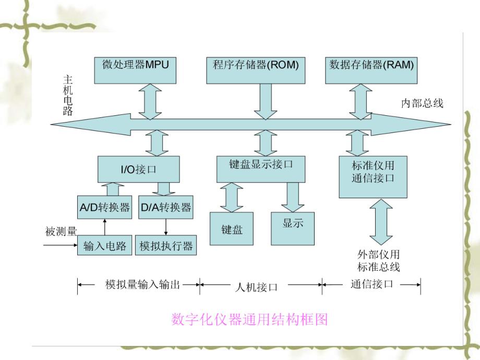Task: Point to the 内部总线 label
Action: tap(422, 103)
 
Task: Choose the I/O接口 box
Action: tap(139, 170)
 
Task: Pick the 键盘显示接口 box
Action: tap(261, 168)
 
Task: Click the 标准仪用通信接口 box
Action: tap(374, 176)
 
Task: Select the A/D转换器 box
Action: tap(104, 208)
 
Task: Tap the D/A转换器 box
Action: tap(166, 208)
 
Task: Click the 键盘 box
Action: tap(232, 229)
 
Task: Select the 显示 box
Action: tap(293, 227)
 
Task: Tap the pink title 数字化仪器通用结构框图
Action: tap(249, 319)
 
